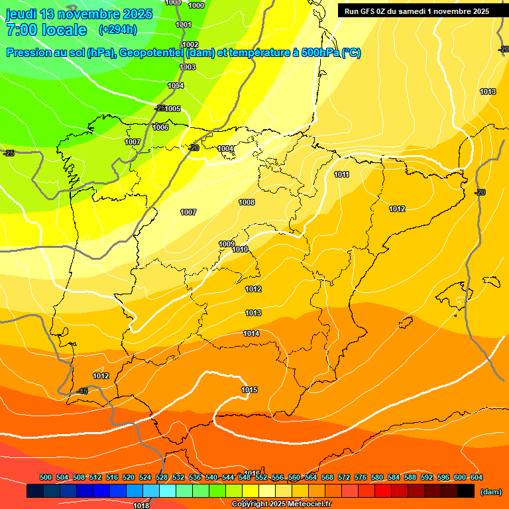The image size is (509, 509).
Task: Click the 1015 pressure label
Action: [249, 390]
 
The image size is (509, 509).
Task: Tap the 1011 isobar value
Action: [342, 175]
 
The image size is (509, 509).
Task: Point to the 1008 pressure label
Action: [247, 202]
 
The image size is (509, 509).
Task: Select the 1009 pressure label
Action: [227, 244]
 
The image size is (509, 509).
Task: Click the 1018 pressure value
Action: [141, 506]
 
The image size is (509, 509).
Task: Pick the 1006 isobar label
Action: [160, 127]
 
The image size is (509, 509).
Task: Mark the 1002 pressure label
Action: [191, 45]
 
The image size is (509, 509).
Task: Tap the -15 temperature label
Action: [82, 392]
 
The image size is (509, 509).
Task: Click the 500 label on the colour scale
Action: [46, 477]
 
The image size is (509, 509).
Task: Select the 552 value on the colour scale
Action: [261, 477]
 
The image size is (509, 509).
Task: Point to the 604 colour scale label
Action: [477, 477]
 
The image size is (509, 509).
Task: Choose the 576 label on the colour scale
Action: [361, 477]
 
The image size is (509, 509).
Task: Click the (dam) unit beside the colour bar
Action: [491, 491]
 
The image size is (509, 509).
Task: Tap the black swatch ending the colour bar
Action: [466, 491]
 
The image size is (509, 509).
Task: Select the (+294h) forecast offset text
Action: [118, 29]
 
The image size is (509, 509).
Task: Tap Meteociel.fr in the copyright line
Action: [307, 504]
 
